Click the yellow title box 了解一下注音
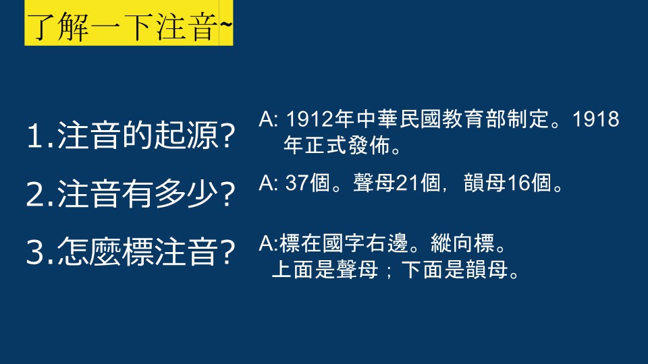(x=128, y=23)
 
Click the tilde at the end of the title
(x=226, y=25)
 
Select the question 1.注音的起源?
(x=130, y=135)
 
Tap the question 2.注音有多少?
(x=130, y=193)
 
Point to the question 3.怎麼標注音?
(x=130, y=251)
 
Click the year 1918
(x=595, y=119)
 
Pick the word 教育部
(x=475, y=119)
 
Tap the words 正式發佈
(x=337, y=146)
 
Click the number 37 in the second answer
(x=297, y=183)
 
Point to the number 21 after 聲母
(x=408, y=183)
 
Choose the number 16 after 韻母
(x=518, y=183)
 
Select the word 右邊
(x=387, y=243)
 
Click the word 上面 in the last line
(x=293, y=270)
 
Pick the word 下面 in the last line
(x=423, y=270)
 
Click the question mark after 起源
(x=227, y=136)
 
